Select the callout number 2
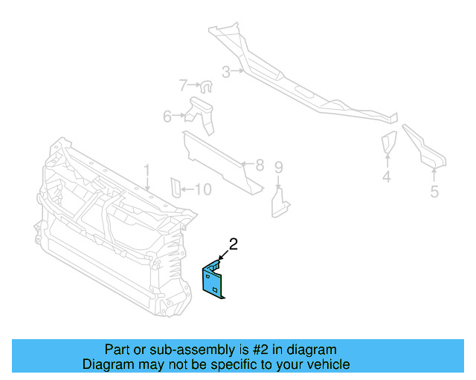click(233, 244)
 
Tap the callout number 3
click(226, 72)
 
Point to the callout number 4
click(387, 177)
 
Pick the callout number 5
click(434, 191)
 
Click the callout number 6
click(168, 116)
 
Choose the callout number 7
click(184, 85)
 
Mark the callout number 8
click(259, 165)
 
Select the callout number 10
click(202, 190)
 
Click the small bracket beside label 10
click(176, 188)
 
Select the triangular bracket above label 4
click(388, 143)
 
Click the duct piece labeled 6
click(202, 113)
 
